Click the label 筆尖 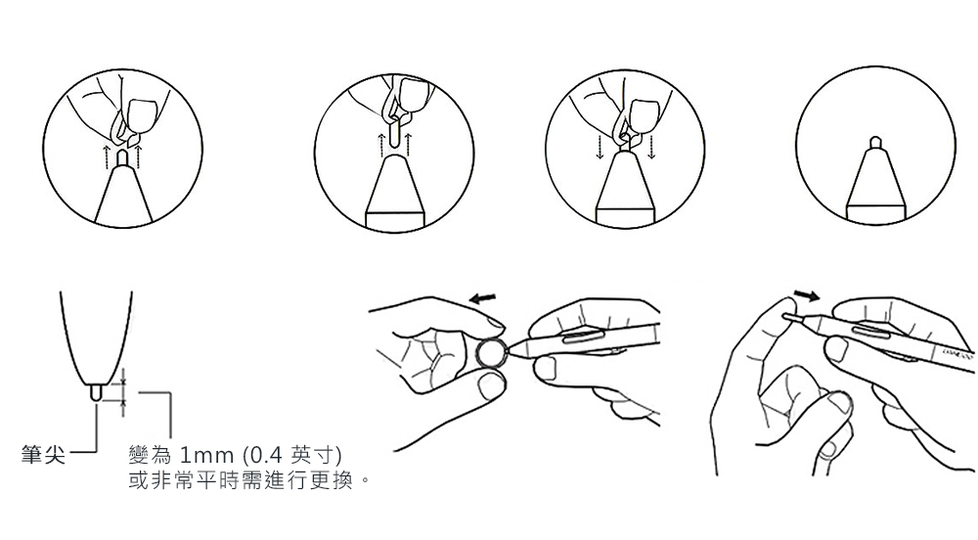[x=43, y=454]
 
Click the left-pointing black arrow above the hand [x=483, y=298]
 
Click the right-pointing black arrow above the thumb [x=807, y=294]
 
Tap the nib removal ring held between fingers [x=490, y=354]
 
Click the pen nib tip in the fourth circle [x=875, y=142]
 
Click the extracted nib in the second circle [x=394, y=133]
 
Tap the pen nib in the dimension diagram [x=96, y=392]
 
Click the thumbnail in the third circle [x=645, y=115]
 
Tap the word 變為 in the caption [x=150, y=455]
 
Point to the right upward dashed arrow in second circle [x=408, y=144]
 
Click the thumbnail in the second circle [x=413, y=96]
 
